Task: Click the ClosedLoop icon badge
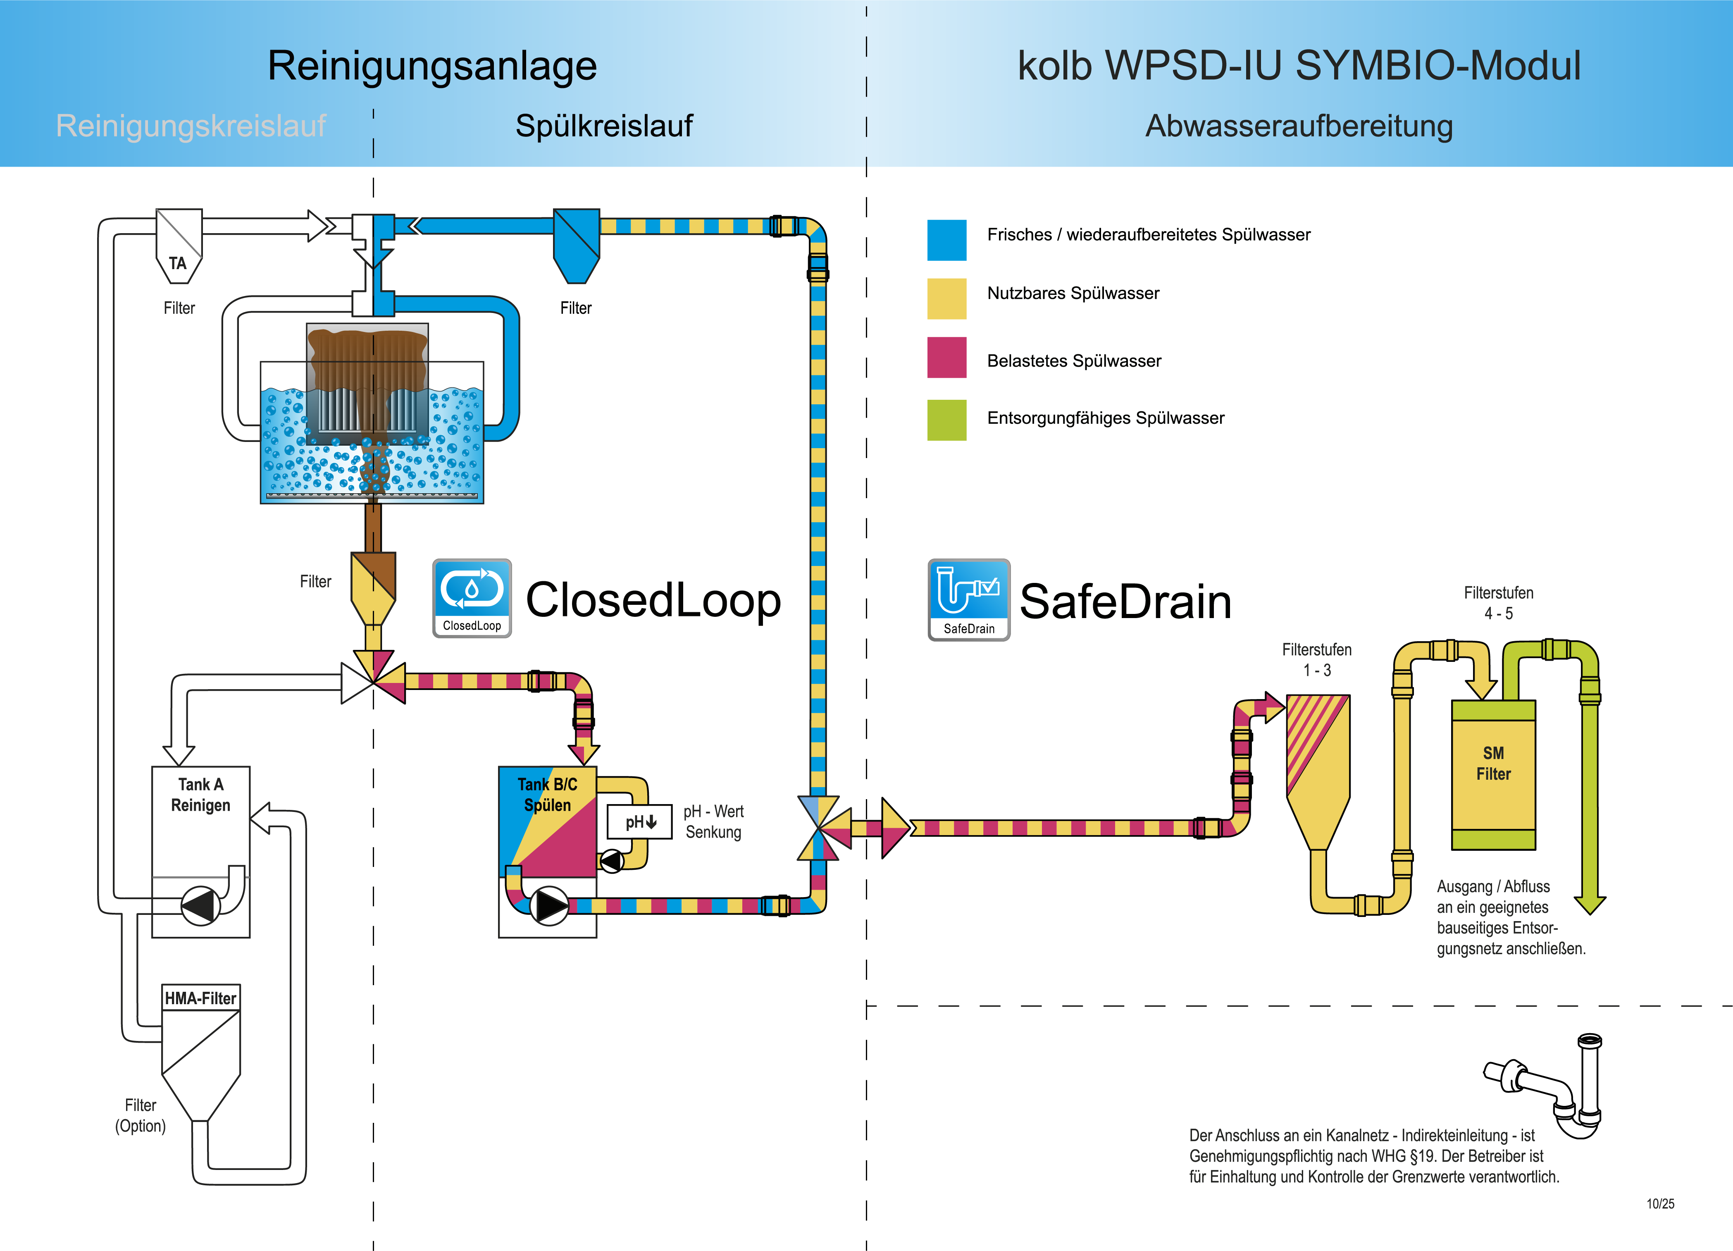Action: click(x=472, y=598)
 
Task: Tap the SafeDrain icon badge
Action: click(x=968, y=599)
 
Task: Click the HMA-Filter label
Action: click(x=200, y=998)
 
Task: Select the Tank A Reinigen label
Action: click(x=200, y=795)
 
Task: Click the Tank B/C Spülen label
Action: click(x=547, y=795)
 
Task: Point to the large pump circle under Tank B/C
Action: click(x=548, y=905)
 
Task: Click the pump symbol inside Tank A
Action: click(x=200, y=905)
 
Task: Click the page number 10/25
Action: click(x=1660, y=1203)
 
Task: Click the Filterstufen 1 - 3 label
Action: click(x=1316, y=659)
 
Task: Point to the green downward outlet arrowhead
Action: click(x=1590, y=904)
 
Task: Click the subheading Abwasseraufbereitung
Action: click(x=1299, y=126)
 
